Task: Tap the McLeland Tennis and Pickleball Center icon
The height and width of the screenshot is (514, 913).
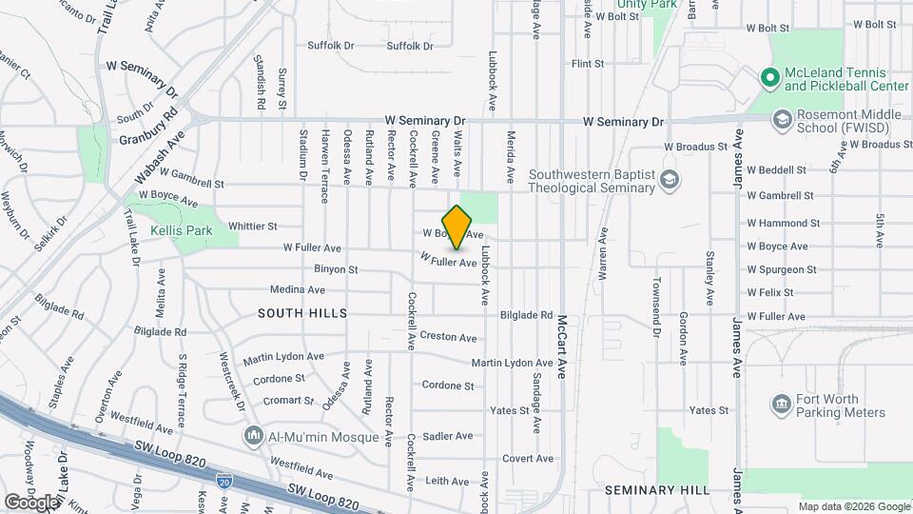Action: point(769,77)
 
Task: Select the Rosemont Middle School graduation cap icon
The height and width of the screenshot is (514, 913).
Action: point(782,120)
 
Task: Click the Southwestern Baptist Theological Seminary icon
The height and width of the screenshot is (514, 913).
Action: point(670,179)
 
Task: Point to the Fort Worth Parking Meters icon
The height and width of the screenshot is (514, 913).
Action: point(782,405)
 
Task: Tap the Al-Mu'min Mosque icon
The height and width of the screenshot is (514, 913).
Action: point(254,437)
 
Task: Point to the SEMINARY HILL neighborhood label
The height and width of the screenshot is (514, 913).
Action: point(657,489)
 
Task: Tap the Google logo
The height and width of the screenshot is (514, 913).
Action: point(31,502)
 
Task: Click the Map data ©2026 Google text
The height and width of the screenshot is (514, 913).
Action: point(853,506)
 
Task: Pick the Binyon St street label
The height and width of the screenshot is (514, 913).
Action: point(336,269)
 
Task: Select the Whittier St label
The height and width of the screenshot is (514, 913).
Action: point(252,227)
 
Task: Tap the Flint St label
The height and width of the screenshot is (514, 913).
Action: point(587,64)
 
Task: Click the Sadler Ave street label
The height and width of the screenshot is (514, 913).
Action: point(448,436)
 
